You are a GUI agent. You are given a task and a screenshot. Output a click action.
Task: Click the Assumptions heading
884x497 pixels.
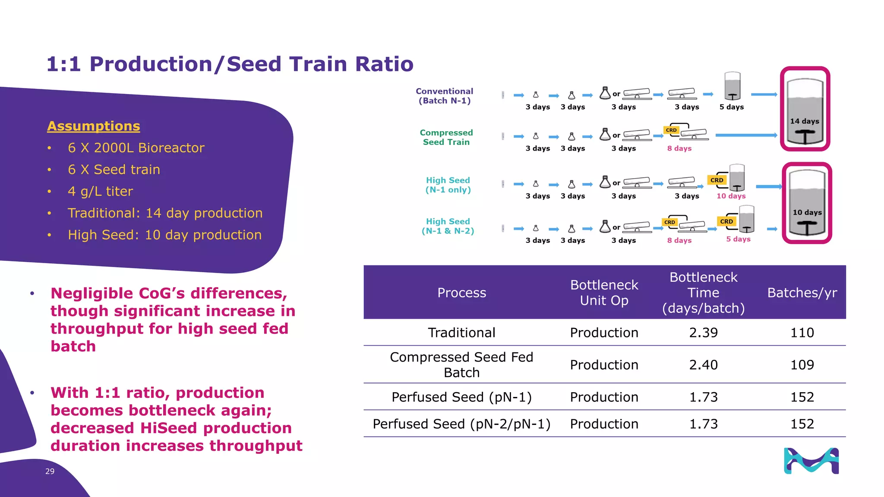pyautogui.click(x=93, y=126)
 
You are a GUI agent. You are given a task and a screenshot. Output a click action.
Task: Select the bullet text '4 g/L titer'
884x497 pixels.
pyautogui.click(x=100, y=191)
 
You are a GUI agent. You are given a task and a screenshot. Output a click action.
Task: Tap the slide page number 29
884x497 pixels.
pyautogui.click(x=50, y=471)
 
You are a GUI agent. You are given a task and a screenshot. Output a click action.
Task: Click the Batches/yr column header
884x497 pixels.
pyautogui.click(x=802, y=293)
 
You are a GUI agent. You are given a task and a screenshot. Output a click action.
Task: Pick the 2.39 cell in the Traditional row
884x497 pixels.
pyautogui.click(x=703, y=333)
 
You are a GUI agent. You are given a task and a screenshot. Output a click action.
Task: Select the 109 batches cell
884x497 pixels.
pyautogui.click(x=802, y=365)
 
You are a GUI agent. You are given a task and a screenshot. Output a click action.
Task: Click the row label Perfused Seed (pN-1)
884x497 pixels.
pyautogui.click(x=461, y=397)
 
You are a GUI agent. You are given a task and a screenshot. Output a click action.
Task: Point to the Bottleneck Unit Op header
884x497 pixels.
pyautogui.click(x=604, y=293)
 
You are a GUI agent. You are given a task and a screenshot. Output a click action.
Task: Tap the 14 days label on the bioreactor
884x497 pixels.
pyautogui.click(x=805, y=121)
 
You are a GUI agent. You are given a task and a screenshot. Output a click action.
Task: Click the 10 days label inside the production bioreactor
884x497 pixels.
pyautogui.click(x=807, y=212)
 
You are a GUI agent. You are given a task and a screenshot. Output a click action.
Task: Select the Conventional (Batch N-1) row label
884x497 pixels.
pyautogui.click(x=445, y=96)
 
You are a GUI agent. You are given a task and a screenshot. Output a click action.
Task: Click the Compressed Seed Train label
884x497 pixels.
pyautogui.click(x=446, y=137)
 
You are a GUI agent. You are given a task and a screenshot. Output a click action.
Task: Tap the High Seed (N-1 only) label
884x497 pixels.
pyautogui.click(x=448, y=185)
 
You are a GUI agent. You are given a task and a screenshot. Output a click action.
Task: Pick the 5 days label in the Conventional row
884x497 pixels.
pyautogui.click(x=731, y=107)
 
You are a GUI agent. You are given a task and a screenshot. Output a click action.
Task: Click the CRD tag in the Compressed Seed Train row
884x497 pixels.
pyautogui.click(x=671, y=130)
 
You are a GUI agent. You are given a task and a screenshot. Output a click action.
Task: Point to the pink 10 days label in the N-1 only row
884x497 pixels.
pyautogui.click(x=731, y=196)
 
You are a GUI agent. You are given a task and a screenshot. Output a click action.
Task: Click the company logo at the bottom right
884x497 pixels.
pyautogui.click(x=811, y=461)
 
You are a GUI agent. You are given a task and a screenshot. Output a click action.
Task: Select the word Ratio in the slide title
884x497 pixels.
pyautogui.click(x=384, y=64)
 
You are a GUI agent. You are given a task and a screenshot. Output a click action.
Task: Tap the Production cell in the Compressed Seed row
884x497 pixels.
pyautogui.click(x=604, y=365)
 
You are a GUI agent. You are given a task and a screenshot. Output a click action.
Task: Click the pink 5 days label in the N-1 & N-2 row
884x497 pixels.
pyautogui.click(x=738, y=239)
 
